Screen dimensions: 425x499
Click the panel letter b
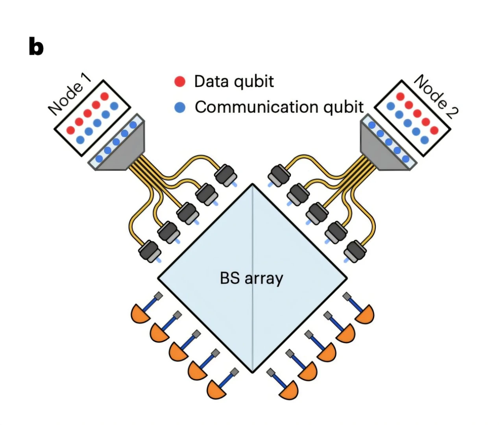coord(36,48)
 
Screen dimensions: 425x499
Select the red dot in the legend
coord(180,81)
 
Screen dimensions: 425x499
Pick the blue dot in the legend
coord(180,107)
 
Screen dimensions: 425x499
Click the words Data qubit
coord(234,81)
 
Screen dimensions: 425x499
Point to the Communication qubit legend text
coord(279,107)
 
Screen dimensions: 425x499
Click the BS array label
coord(251,278)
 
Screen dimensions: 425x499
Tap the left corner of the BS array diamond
coord(158,278)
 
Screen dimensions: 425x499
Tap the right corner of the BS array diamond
coord(346,278)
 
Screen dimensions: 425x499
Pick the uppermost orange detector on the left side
coord(140,314)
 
